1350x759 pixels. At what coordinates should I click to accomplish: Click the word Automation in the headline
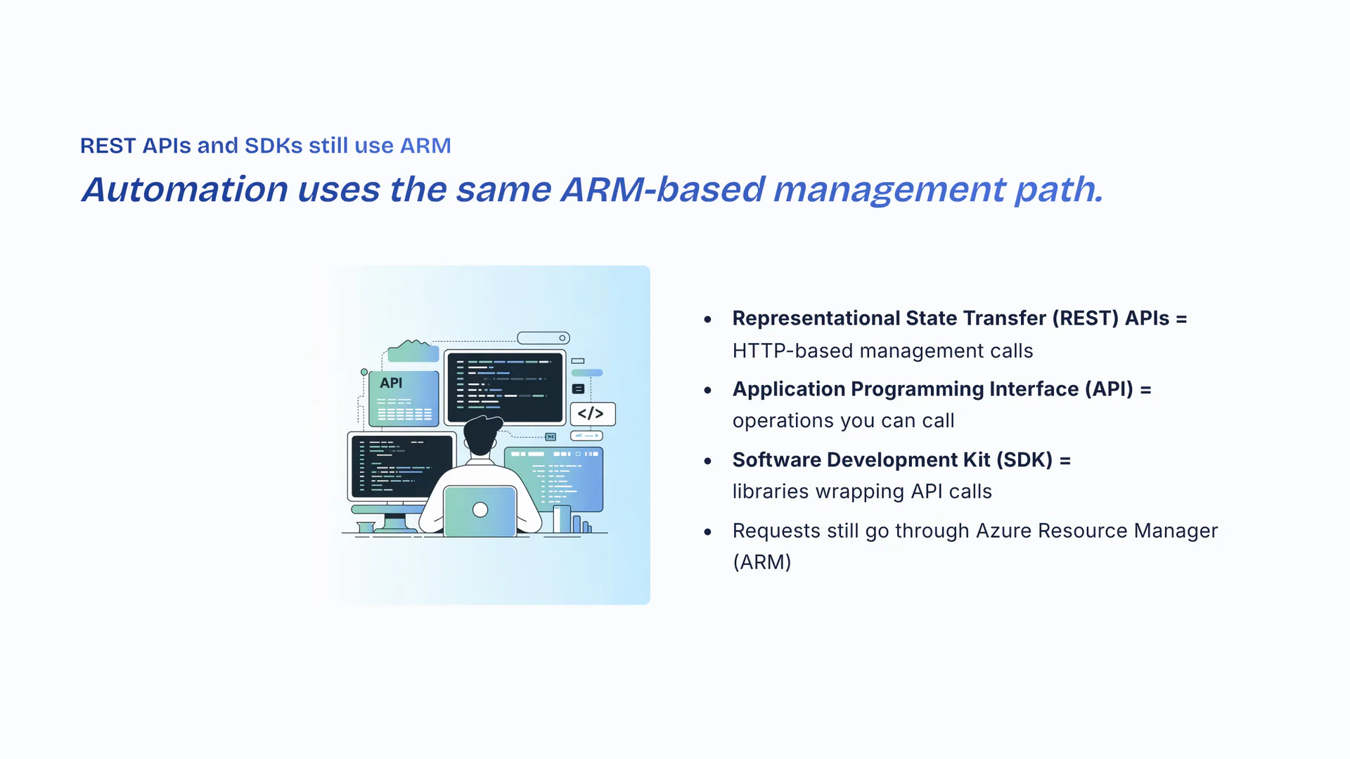tap(185, 189)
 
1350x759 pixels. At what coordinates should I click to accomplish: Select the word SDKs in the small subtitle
tap(274, 145)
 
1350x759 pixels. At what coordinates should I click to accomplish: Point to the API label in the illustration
tap(391, 383)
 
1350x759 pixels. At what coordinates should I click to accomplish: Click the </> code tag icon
tap(591, 413)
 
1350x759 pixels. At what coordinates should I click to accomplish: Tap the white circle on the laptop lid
tap(480, 510)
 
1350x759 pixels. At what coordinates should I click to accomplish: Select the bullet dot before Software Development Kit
tap(708, 461)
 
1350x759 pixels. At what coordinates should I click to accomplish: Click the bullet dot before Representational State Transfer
tap(708, 320)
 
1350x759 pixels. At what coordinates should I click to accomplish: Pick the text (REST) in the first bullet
tap(1086, 318)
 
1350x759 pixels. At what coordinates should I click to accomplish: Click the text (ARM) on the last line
tap(762, 562)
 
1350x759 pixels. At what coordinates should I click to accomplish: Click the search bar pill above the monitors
tap(544, 338)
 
